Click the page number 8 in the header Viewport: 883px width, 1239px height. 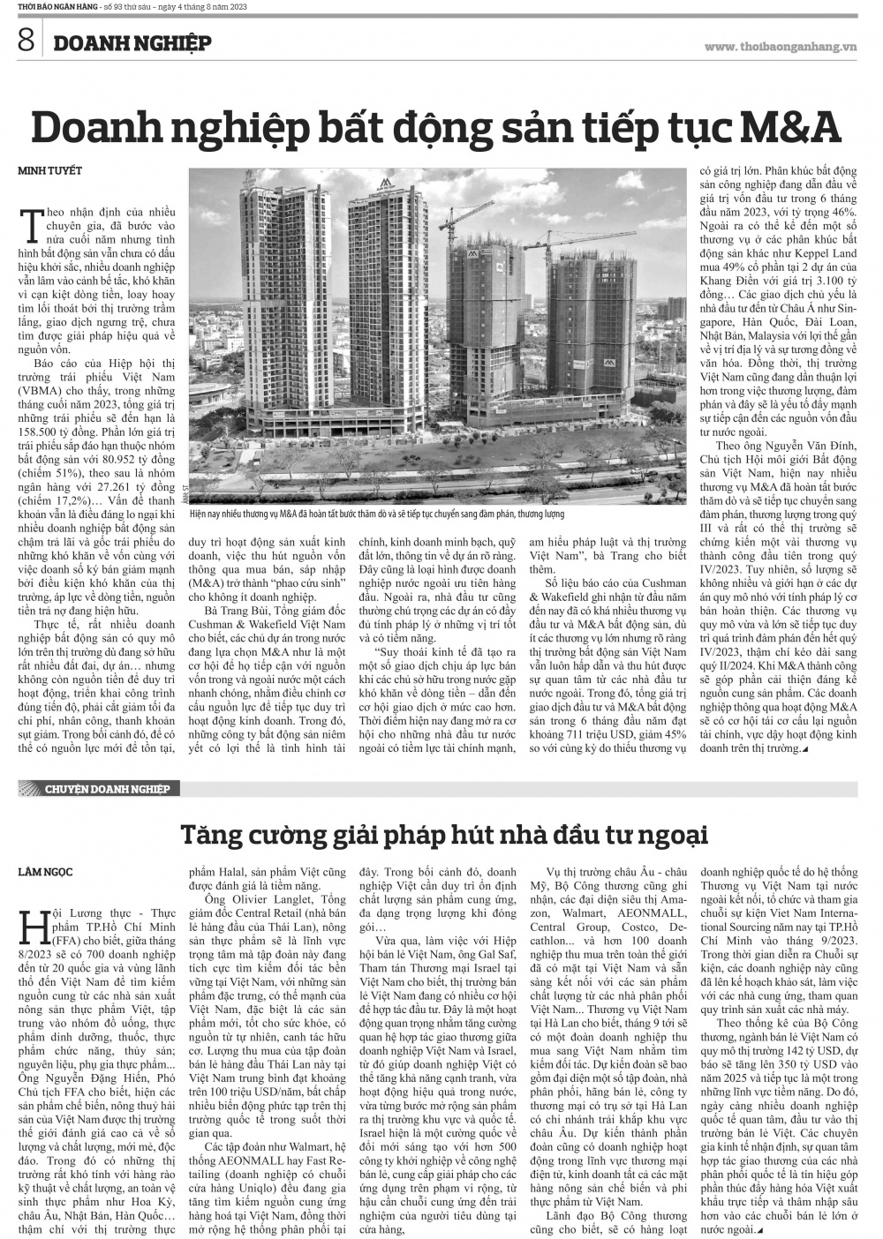click(x=25, y=40)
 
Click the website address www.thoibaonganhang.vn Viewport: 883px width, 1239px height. click(x=781, y=46)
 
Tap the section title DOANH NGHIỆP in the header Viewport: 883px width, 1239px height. click(x=130, y=42)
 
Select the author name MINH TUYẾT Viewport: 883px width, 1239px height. click(x=50, y=170)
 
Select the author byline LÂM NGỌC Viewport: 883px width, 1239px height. click(x=45, y=872)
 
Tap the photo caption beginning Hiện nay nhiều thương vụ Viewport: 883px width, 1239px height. click(x=389, y=514)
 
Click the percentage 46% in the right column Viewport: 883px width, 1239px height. click(x=842, y=213)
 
